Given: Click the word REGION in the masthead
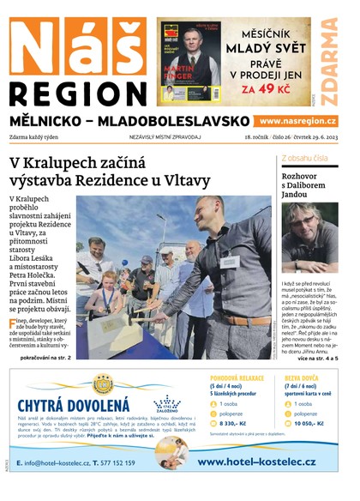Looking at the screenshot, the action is point(77,93).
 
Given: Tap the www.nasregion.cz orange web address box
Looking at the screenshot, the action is point(297,122).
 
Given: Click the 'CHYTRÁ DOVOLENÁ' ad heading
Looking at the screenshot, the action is point(74,405).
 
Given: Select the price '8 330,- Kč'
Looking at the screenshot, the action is point(236,423).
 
